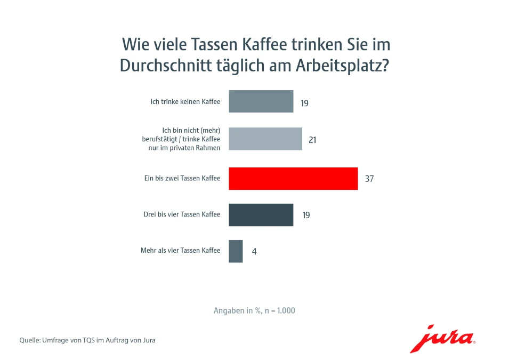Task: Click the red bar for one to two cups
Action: [x=293, y=179]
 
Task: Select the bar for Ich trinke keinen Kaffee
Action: [x=261, y=101]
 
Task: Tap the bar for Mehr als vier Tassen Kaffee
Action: [x=236, y=251]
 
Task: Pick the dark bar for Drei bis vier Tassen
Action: [x=261, y=215]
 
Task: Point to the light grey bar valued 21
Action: [x=265, y=139]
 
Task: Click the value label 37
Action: [x=369, y=179]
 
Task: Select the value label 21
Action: [x=313, y=140]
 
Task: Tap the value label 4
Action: [x=254, y=251]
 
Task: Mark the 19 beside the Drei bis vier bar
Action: [x=305, y=215]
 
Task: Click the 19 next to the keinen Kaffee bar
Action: [x=304, y=102]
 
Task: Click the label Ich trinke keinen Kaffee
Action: [x=185, y=101]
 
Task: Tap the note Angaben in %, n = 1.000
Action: [x=254, y=310]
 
